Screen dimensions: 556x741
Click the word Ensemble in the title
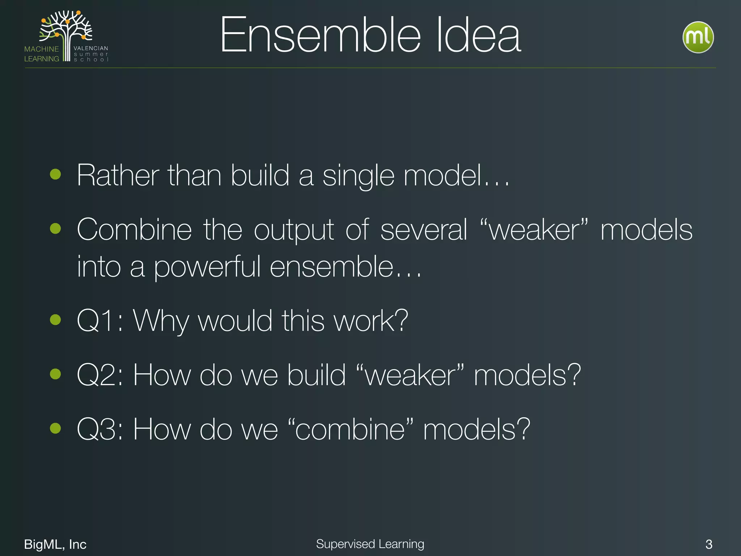pyautogui.click(x=320, y=35)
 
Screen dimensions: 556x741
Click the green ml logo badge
pyautogui.click(x=698, y=37)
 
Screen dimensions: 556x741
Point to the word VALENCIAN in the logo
pyautogui.click(x=91, y=48)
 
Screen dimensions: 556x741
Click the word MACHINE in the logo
pyautogui.click(x=42, y=49)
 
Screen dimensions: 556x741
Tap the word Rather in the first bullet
pyautogui.click(x=118, y=176)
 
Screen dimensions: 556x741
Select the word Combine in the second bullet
pyautogui.click(x=134, y=230)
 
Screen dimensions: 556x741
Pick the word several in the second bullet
pyautogui.click(x=424, y=230)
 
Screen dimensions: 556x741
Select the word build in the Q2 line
pyautogui.click(x=317, y=375)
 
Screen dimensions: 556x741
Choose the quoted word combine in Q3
pyautogui.click(x=350, y=429)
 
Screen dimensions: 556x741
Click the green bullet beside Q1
pyautogui.click(x=55, y=320)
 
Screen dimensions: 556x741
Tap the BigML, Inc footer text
pyautogui.click(x=55, y=544)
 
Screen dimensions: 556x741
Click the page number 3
pyautogui.click(x=709, y=544)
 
